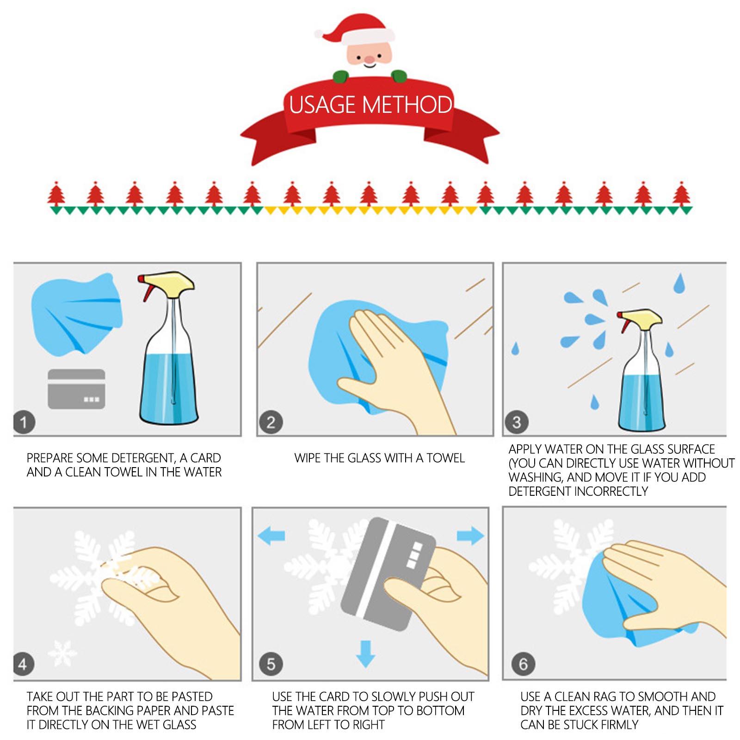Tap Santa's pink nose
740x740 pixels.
click(x=369, y=59)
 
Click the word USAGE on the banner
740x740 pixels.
click(x=323, y=105)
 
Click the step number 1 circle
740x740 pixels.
click(x=24, y=422)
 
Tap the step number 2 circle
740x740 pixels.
click(x=271, y=422)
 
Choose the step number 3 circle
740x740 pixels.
click(x=517, y=422)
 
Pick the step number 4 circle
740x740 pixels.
click(x=23, y=665)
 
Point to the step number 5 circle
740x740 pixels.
click(x=271, y=665)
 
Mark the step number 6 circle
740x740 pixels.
click(x=523, y=665)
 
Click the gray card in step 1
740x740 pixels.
click(x=76, y=389)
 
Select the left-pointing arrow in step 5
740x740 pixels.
click(x=271, y=536)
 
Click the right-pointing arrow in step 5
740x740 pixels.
click(x=470, y=536)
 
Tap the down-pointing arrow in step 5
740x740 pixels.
click(x=366, y=653)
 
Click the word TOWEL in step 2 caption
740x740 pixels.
click(x=445, y=458)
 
